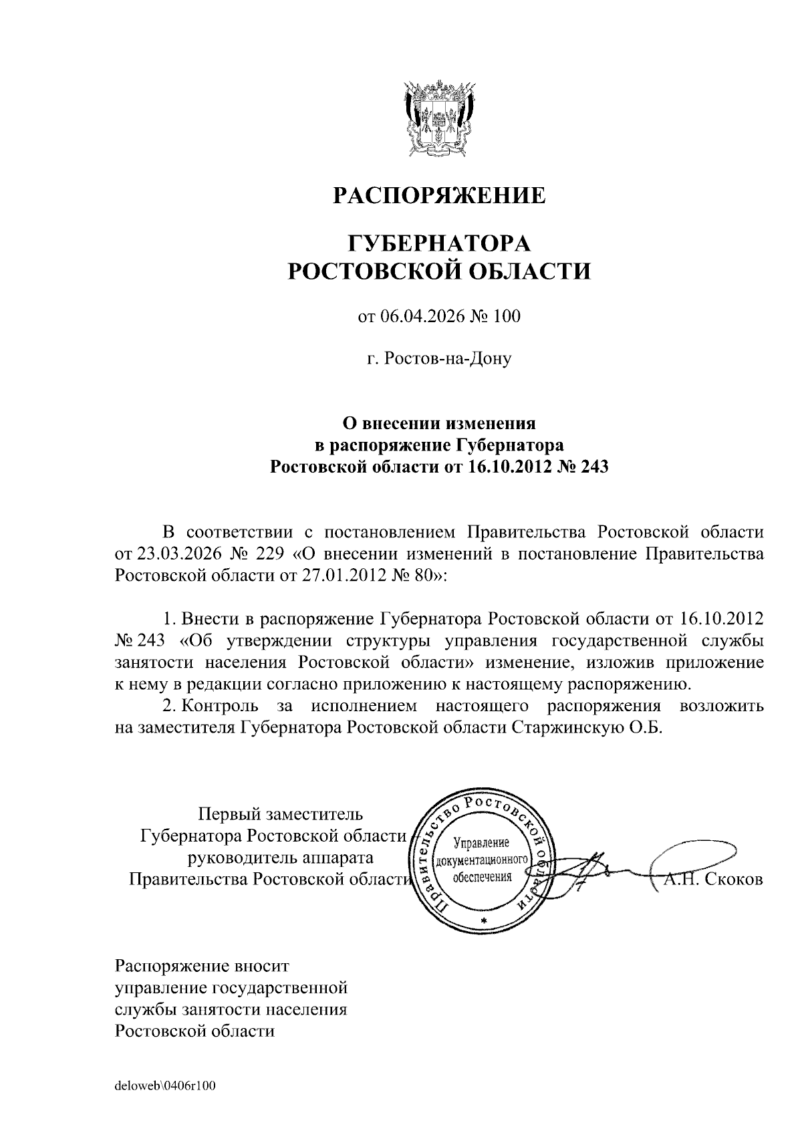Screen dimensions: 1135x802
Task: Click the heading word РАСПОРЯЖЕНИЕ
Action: [x=439, y=195]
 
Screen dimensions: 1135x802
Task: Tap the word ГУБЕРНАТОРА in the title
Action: [x=439, y=241]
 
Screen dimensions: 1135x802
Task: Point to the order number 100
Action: [x=505, y=317]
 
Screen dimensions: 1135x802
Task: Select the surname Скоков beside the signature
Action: [x=733, y=880]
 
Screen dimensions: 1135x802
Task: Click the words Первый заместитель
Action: [x=281, y=814]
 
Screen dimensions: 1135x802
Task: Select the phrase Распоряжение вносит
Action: [x=203, y=966]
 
